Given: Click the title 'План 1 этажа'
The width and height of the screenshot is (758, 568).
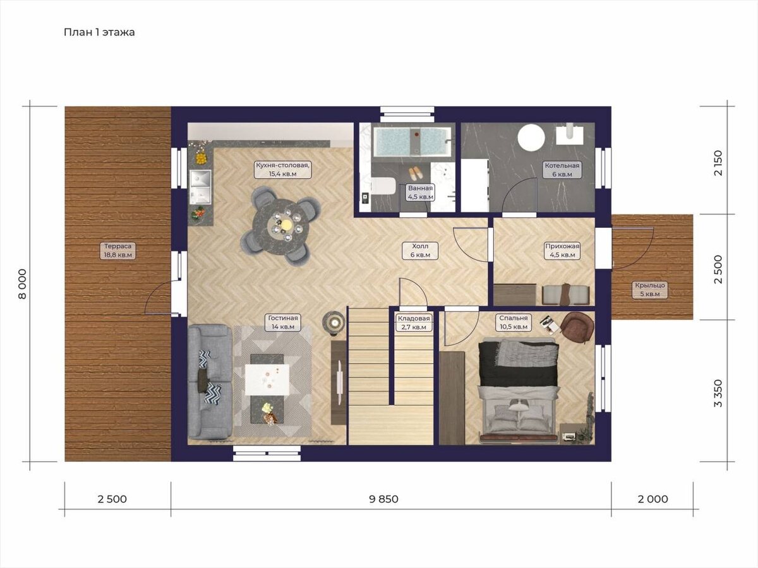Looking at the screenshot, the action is (x=99, y=32).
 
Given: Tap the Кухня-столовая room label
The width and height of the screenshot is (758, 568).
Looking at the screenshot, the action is (x=283, y=169).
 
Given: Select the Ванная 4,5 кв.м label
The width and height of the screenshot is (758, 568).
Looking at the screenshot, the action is (x=420, y=192).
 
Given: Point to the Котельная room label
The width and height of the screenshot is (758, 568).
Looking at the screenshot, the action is (x=562, y=170).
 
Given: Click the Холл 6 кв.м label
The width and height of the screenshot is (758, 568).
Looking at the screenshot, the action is (x=420, y=251).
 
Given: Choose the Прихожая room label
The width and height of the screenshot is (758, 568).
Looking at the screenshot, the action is (x=562, y=251).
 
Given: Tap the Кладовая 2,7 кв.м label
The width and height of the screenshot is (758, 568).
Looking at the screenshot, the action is (x=413, y=322).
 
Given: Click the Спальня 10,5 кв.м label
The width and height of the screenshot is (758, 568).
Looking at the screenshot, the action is (x=514, y=322).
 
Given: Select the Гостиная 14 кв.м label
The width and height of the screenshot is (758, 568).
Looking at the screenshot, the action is (x=283, y=322).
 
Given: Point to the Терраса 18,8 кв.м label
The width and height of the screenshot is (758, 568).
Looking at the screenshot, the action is (x=117, y=251).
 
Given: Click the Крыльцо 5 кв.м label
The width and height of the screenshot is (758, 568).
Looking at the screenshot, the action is (x=649, y=290).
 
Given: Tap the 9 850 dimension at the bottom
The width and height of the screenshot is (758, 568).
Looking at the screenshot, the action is (x=383, y=499).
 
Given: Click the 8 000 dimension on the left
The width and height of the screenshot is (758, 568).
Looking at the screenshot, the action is (x=23, y=284).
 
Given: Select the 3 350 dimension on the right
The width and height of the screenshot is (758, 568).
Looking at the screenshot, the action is (x=718, y=393).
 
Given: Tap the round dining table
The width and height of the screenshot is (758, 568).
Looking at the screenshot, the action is (x=280, y=226).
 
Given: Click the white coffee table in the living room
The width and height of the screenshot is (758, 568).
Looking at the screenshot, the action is (x=267, y=380).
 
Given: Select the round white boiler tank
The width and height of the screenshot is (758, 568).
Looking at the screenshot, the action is (x=531, y=137).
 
